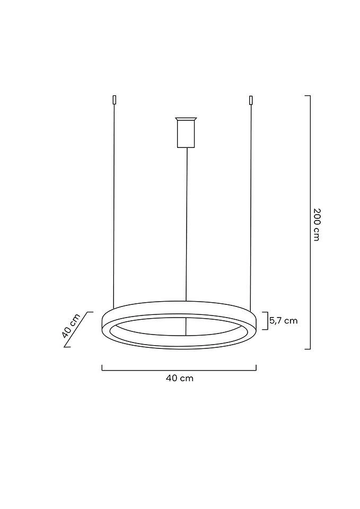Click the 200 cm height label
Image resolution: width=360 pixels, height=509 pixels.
pos(316,223)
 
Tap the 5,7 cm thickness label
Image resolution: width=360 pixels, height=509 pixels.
pos(284,320)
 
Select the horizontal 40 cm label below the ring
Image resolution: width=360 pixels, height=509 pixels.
pos(180,378)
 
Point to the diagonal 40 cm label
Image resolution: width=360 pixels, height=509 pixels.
pos(70,326)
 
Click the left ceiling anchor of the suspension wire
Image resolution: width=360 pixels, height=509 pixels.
pos(114,100)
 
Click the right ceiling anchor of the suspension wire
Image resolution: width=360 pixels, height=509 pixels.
pos(251,100)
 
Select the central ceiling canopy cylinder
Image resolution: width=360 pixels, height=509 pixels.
pos(186,135)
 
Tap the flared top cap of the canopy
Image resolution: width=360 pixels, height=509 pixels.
pos(186,119)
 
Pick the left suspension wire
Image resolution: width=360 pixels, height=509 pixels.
pos(114,207)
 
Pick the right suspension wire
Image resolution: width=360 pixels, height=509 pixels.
pos(250,207)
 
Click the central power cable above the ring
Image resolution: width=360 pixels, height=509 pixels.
pos(186,223)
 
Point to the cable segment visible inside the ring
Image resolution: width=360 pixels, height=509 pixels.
pos(186,327)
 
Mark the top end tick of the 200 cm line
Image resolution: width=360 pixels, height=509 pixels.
pos(308,96)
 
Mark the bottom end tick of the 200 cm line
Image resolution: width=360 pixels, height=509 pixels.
pos(308,349)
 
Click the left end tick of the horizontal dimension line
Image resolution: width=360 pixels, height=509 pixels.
pos(102,367)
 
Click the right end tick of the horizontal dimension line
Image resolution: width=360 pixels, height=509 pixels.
pos(257,367)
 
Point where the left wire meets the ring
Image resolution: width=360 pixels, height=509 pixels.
pos(113,309)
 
